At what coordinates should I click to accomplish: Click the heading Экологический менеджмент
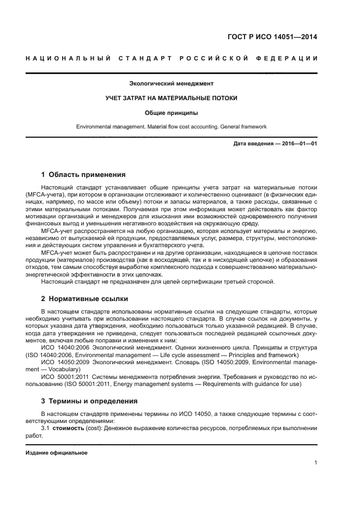click(x=171, y=84)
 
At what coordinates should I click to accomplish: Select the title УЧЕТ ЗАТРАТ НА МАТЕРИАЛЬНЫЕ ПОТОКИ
click(x=171, y=99)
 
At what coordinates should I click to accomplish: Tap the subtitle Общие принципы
click(x=171, y=113)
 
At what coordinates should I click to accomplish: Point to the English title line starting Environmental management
click(x=171, y=127)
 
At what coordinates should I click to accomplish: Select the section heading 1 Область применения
click(x=83, y=175)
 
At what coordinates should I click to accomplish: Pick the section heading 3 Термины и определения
click(x=90, y=401)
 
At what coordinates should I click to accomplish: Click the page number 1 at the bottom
click(x=316, y=463)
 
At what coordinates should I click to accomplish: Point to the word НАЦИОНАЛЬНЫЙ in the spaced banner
click(x=65, y=58)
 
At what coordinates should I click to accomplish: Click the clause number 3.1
click(x=46, y=428)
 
